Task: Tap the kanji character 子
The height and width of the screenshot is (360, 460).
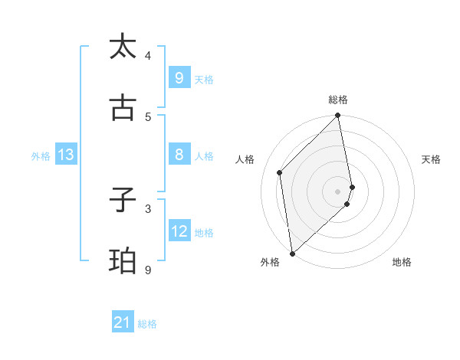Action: (123, 201)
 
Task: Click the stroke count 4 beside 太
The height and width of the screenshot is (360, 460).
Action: (148, 55)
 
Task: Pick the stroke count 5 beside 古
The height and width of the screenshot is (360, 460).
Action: (148, 116)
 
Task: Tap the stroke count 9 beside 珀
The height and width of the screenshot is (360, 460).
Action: (148, 270)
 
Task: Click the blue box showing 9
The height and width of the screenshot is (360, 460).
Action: (179, 78)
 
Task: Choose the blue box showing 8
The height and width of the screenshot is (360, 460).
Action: (179, 155)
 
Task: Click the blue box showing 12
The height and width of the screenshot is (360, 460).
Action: (179, 231)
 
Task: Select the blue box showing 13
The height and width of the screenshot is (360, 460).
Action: (66, 155)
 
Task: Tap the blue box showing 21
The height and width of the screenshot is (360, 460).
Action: (123, 323)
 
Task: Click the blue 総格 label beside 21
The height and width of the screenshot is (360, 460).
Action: (147, 324)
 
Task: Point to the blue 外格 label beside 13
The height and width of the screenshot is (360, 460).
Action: (41, 156)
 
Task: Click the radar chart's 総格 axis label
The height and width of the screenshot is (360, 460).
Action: (338, 100)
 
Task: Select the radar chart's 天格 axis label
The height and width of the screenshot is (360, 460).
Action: (432, 159)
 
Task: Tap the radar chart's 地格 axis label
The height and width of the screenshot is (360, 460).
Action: (402, 262)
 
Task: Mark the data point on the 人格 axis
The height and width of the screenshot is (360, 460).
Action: (280, 172)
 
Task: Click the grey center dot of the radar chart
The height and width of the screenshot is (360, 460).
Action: (338, 191)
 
